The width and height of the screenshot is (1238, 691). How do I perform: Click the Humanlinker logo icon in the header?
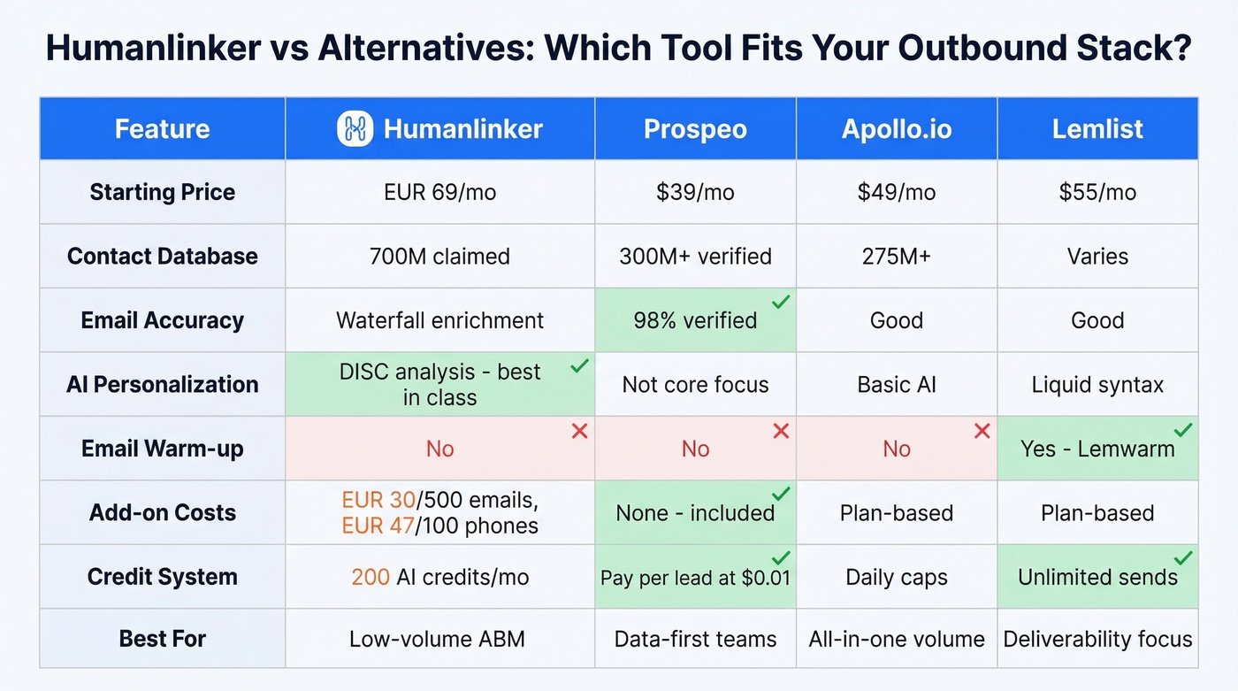tap(355, 129)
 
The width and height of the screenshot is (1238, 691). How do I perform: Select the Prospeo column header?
tap(695, 129)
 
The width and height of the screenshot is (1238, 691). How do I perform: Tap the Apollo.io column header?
tap(897, 129)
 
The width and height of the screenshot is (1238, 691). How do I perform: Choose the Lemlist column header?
tap(1097, 129)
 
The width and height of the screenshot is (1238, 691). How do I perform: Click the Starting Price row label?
tap(163, 192)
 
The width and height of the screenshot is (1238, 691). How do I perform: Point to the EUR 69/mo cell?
tap(439, 192)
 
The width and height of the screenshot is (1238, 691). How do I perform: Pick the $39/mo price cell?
tap(695, 192)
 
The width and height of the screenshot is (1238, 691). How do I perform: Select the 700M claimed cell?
tap(439, 257)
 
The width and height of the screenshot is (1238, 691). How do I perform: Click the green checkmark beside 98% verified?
tap(780, 303)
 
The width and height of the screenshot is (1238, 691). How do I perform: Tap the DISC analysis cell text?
tap(439, 384)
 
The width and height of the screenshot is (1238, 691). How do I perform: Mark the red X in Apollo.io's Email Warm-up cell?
tap(982, 431)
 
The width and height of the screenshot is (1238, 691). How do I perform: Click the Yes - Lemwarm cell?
tap(1097, 449)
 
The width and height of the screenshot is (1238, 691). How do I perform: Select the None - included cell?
tap(695, 513)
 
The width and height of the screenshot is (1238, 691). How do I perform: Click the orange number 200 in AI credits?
tap(371, 577)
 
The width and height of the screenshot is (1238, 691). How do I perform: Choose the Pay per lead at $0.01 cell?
tap(695, 578)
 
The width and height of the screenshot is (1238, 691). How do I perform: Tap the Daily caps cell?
tap(897, 578)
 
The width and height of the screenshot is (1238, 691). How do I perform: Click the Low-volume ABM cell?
tap(437, 639)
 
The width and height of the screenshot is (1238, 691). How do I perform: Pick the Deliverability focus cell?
tap(1097, 639)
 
